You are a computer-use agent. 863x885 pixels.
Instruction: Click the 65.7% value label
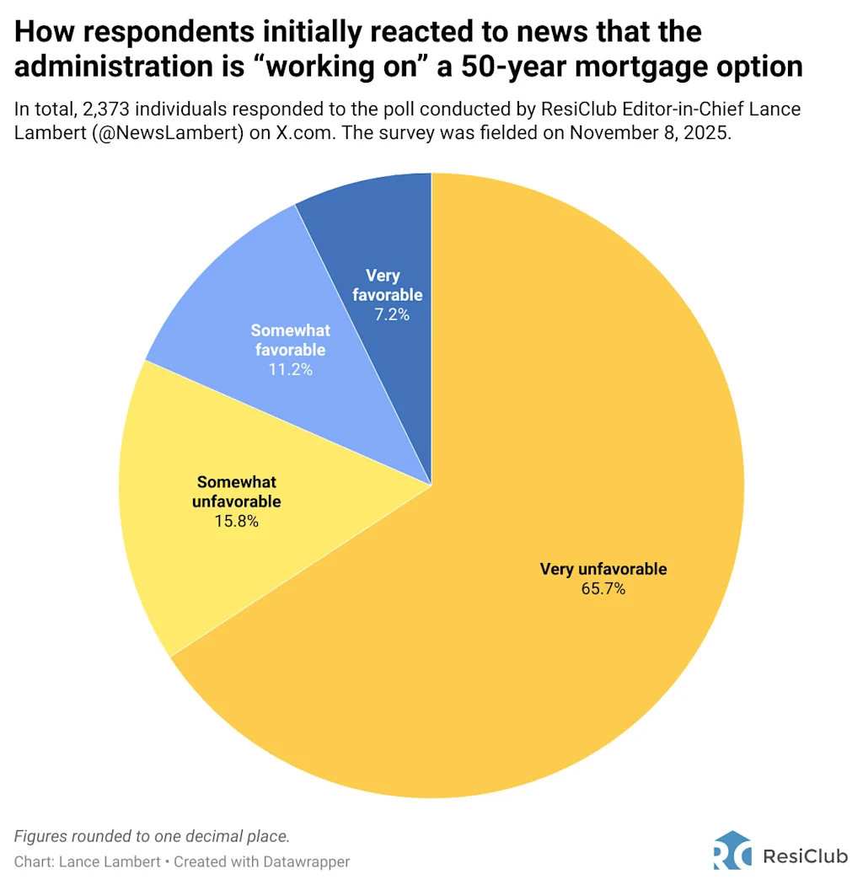click(603, 589)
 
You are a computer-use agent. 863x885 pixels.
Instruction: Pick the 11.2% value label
click(291, 369)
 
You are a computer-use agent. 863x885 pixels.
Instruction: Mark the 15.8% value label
click(237, 521)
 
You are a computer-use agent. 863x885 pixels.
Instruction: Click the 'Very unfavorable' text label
click(603, 569)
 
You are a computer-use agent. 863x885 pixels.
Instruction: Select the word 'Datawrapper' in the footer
click(306, 862)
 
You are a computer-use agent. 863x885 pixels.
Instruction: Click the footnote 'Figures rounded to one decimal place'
click(152, 837)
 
